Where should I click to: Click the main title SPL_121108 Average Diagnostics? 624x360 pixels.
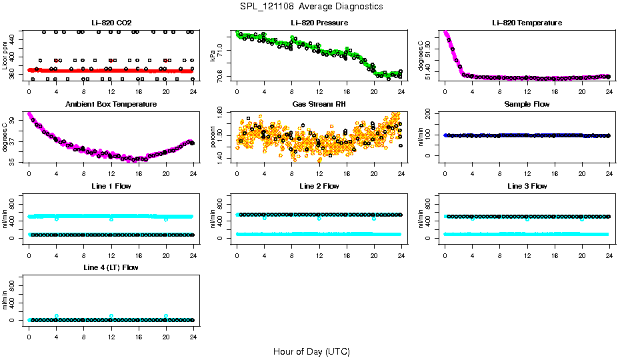click(x=312, y=7)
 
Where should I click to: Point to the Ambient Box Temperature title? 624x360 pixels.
click(x=111, y=105)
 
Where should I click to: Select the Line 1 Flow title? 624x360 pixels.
click(x=111, y=186)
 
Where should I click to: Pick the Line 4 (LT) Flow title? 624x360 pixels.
click(x=111, y=267)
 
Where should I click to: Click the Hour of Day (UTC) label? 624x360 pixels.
click(x=311, y=351)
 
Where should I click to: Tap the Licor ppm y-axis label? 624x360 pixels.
click(x=5, y=55)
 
